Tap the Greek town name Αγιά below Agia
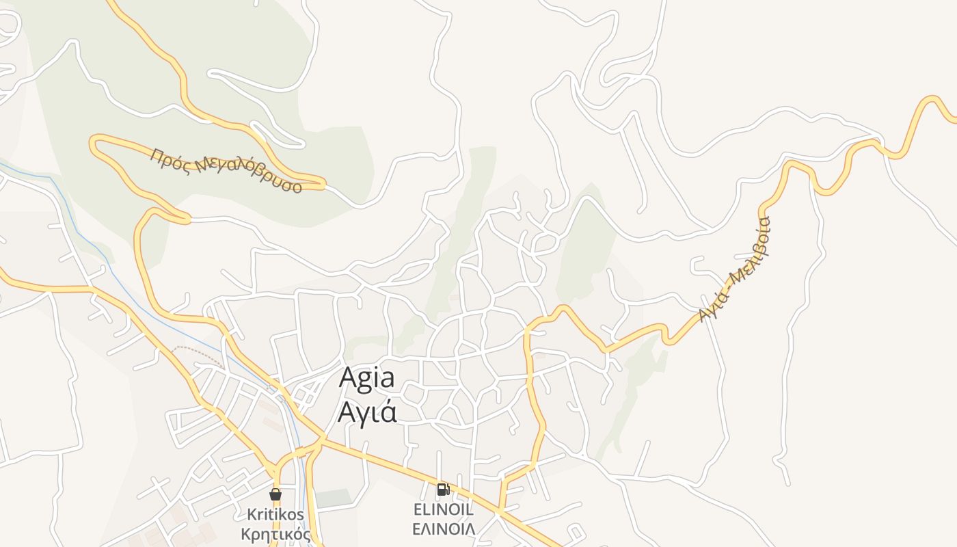367,412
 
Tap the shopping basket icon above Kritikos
275,494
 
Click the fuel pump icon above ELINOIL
443,489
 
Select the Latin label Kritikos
276,514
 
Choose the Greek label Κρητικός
276,533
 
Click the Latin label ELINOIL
443,509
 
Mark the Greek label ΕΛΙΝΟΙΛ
443,529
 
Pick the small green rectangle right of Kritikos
333,498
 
